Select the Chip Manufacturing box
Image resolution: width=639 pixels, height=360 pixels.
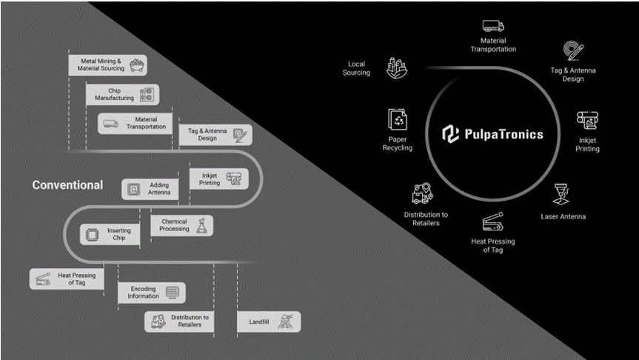(121, 94)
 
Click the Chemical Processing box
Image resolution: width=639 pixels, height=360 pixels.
(181, 225)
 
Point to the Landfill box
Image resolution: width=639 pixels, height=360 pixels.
(268, 321)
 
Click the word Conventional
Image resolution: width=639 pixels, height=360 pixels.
(67, 185)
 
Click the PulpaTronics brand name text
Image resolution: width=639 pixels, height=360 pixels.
(503, 135)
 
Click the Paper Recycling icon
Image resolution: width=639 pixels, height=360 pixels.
(398, 119)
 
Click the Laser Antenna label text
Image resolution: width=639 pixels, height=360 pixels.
(563, 216)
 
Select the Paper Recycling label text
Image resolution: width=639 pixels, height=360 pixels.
(398, 143)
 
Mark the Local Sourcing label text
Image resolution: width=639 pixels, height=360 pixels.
(356, 69)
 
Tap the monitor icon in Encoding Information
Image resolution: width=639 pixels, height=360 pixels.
(173, 292)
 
